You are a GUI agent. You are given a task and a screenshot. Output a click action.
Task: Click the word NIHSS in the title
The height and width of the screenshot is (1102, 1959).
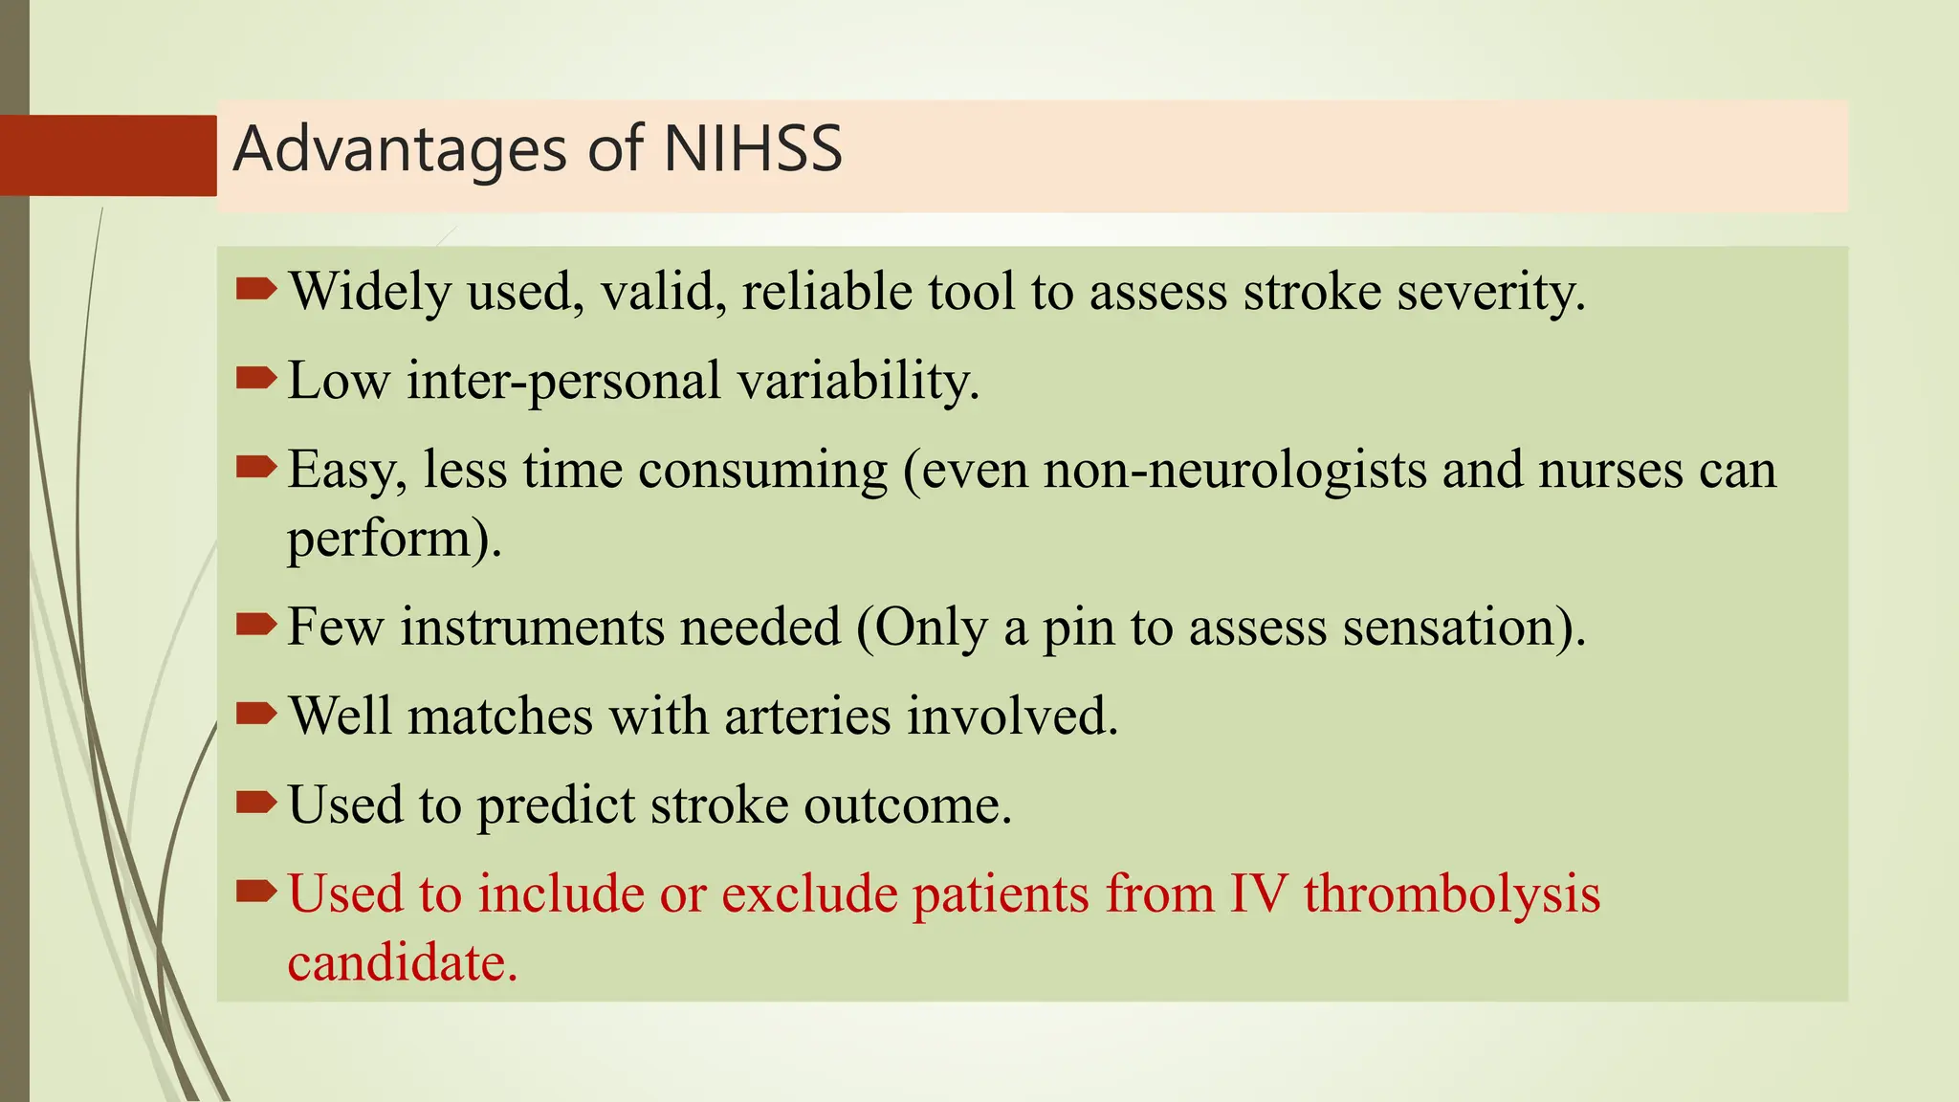click(752, 150)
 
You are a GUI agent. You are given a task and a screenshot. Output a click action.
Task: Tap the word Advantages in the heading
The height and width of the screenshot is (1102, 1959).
click(401, 150)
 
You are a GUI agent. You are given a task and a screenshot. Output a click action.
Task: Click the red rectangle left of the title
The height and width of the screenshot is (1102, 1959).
click(108, 155)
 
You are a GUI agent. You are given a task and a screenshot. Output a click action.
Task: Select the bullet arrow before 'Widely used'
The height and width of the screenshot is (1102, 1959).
click(255, 288)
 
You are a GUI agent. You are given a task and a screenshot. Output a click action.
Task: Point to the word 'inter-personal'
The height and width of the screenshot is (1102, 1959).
click(563, 382)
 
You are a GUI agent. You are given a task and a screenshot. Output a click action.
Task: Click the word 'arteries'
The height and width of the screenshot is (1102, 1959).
click(806, 716)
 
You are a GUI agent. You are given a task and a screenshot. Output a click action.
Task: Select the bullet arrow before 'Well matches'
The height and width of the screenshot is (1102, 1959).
click(255, 714)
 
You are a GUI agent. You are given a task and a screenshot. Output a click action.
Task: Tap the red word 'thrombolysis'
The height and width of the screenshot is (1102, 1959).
click(1451, 894)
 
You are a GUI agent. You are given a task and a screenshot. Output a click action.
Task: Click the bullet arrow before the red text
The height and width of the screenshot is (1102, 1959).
click(255, 892)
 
